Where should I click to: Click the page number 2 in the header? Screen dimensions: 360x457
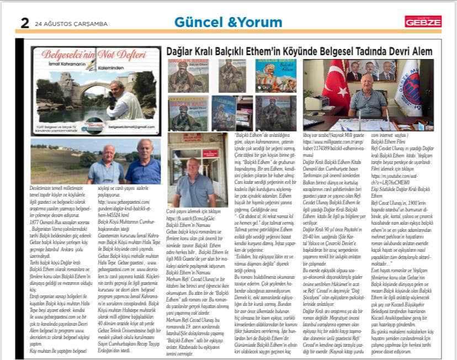[24, 23]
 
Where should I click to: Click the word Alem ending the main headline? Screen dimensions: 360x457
[419, 51]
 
